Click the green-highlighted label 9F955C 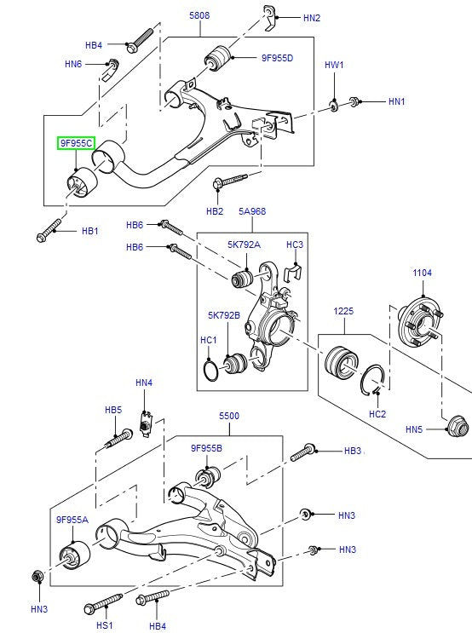coord(76,144)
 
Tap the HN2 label coord(312,17)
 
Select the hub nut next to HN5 coord(457,428)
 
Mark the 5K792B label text coord(224,315)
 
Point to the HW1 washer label coord(334,65)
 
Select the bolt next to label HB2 coord(229,180)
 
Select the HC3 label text coord(294,245)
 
